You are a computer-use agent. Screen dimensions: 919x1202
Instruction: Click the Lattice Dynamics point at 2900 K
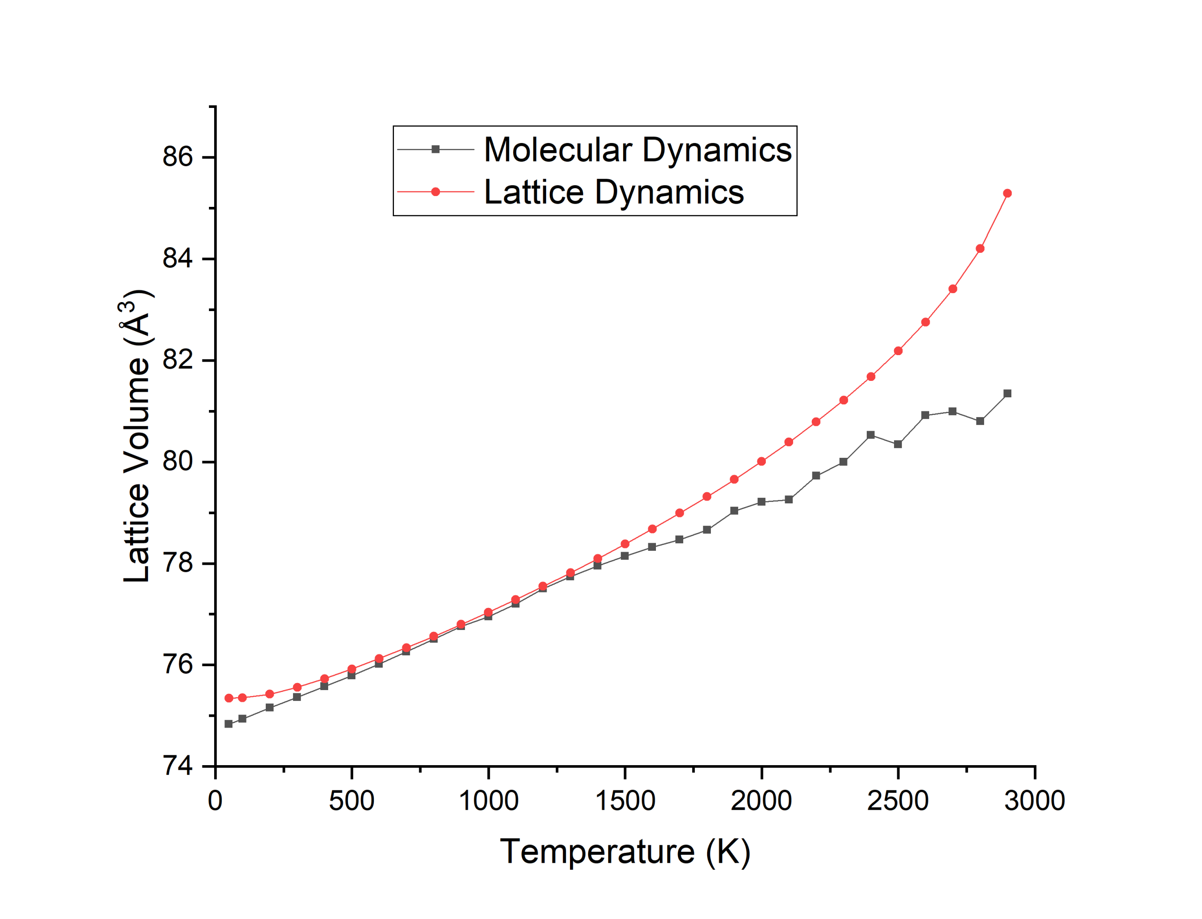coord(1007,194)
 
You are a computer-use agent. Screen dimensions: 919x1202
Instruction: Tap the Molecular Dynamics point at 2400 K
coord(871,435)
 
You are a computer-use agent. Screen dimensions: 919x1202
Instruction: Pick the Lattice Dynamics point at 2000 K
coord(762,462)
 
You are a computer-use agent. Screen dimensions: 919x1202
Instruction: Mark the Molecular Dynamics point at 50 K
coord(229,724)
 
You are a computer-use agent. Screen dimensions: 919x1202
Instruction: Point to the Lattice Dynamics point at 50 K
coord(229,699)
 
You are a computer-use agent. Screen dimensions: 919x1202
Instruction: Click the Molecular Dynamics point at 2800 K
coord(980,421)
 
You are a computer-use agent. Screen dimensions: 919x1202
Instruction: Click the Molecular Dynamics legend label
coord(638,150)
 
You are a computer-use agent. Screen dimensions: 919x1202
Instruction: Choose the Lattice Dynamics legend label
coord(614,192)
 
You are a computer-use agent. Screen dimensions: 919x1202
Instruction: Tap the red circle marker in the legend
coord(436,192)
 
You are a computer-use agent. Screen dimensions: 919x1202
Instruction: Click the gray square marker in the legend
coord(436,149)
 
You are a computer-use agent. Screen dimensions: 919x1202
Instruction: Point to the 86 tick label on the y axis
coord(178,158)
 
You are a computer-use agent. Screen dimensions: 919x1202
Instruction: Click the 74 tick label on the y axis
coord(178,767)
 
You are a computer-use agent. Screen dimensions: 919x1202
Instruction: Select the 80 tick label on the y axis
coord(178,462)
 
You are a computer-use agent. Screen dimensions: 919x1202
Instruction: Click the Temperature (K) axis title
coord(624,852)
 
